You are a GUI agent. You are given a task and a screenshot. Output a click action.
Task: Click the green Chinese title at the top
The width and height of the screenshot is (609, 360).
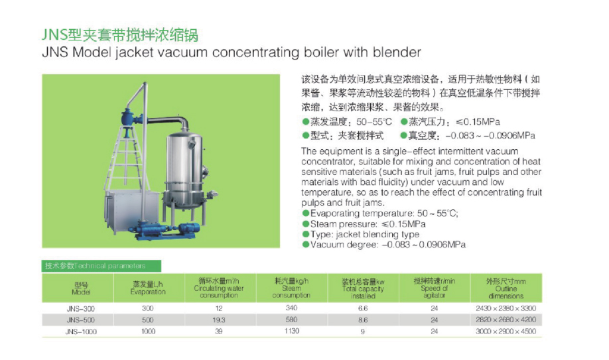(x=120, y=35)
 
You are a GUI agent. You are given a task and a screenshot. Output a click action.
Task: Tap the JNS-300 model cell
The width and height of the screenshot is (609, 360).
(x=81, y=309)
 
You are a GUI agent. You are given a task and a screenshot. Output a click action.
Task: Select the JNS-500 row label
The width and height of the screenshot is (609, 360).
(x=81, y=320)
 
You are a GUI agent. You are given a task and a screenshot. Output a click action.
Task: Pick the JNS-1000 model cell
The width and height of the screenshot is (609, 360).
(x=81, y=331)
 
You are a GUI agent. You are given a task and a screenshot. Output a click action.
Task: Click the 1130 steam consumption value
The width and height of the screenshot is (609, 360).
(x=291, y=331)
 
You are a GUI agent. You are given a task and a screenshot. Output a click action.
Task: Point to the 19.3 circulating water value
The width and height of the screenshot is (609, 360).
(x=219, y=320)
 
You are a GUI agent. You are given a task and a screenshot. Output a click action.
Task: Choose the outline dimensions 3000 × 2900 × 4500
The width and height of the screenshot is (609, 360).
(x=506, y=331)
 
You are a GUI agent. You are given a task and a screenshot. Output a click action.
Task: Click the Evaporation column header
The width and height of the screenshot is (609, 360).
(x=147, y=288)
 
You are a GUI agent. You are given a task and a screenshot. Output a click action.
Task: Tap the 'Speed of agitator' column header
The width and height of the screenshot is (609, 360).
(x=435, y=288)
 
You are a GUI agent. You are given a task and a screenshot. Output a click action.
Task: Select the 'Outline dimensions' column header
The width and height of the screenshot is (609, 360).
(x=506, y=288)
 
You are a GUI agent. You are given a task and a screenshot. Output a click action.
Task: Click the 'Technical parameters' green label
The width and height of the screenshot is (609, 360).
(x=101, y=266)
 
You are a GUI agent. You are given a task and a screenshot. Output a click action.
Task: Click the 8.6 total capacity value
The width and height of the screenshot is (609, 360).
(x=363, y=320)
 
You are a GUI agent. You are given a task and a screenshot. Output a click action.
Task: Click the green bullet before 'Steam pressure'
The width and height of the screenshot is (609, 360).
(x=306, y=224)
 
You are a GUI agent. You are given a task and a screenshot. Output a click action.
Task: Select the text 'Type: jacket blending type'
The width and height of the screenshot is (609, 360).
(x=365, y=234)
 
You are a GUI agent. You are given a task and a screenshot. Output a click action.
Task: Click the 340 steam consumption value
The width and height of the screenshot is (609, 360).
(x=291, y=308)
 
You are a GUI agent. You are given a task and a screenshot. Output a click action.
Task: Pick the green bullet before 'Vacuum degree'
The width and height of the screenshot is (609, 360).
(x=306, y=245)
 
